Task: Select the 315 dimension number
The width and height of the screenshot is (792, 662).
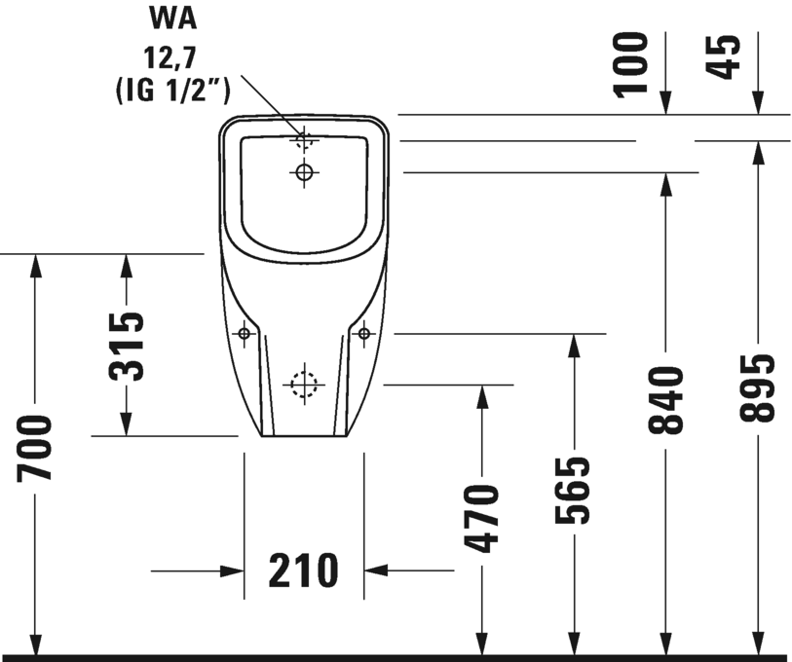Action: pyautogui.click(x=127, y=345)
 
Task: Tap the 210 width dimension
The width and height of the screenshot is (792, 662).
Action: pyautogui.click(x=303, y=570)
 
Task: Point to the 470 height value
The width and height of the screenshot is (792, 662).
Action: pyautogui.click(x=481, y=517)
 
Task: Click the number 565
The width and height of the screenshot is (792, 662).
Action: pyautogui.click(x=574, y=490)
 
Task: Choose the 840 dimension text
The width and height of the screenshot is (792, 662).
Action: pyautogui.click(x=666, y=399)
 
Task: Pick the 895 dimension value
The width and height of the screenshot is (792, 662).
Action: pyautogui.click(x=758, y=386)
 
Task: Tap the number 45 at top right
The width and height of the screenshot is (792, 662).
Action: pyautogui.click(x=725, y=57)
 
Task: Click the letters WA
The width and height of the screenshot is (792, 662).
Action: pyautogui.click(x=172, y=17)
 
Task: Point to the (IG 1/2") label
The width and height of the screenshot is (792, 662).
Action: pyautogui.click(x=172, y=92)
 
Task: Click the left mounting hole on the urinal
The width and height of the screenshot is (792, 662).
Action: pyautogui.click(x=244, y=335)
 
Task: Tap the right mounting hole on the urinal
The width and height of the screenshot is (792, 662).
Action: pyautogui.click(x=364, y=335)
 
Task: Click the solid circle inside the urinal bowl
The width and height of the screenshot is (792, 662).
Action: pyautogui.click(x=304, y=173)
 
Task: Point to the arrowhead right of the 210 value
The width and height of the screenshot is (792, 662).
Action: pyautogui.click(x=376, y=570)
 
